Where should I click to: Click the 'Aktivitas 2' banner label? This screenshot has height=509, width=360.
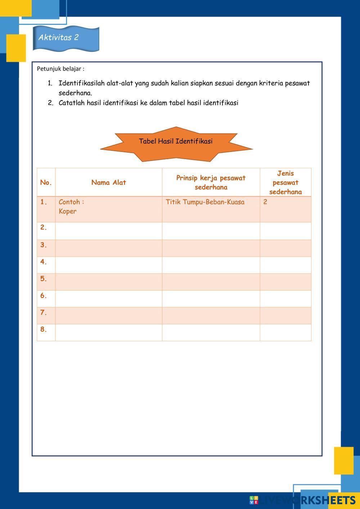(x=59, y=37)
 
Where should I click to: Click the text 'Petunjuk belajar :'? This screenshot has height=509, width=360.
(x=60, y=69)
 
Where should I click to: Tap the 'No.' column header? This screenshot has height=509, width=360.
(x=46, y=183)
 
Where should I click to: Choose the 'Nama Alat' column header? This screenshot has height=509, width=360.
(x=108, y=183)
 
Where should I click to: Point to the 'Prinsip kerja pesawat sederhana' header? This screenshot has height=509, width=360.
(x=211, y=183)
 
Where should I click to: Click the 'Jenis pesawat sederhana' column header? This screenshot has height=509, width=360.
(x=285, y=183)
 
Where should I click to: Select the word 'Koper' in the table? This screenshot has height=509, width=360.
(x=68, y=211)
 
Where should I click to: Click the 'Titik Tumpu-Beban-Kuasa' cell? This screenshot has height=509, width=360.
(x=205, y=202)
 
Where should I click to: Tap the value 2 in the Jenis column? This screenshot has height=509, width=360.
(x=265, y=202)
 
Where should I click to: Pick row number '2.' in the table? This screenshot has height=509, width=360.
(x=44, y=228)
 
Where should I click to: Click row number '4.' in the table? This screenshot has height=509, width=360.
(x=44, y=262)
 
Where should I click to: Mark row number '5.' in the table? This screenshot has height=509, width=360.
(x=44, y=279)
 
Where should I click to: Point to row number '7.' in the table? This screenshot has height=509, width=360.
(x=44, y=313)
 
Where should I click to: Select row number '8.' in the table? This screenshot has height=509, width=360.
(x=44, y=329)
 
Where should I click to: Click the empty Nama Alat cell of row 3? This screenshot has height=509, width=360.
(x=108, y=248)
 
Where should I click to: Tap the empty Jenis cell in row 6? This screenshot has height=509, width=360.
(x=285, y=298)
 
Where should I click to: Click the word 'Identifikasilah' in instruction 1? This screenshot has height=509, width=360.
(x=81, y=84)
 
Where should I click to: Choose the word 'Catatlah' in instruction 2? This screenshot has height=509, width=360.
(x=72, y=103)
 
